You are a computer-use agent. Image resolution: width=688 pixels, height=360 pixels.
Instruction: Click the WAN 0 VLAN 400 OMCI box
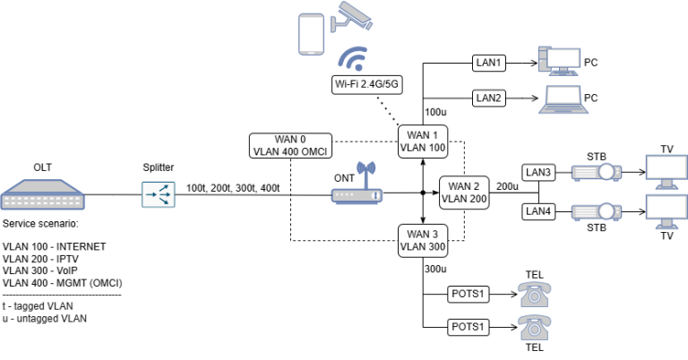[x=291, y=145]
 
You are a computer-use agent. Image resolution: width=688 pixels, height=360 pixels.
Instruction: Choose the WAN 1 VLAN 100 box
[x=422, y=141]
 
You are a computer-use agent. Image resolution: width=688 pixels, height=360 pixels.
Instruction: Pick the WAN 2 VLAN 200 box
[x=464, y=192]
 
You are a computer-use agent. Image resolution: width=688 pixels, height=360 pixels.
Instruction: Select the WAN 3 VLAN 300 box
[x=422, y=241]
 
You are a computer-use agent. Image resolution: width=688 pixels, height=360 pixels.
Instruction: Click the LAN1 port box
[x=489, y=64]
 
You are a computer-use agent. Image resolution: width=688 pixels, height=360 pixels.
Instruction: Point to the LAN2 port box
[x=489, y=97]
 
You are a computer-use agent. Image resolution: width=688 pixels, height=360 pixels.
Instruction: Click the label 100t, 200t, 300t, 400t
[x=233, y=187]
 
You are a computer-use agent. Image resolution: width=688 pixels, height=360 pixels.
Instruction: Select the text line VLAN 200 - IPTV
[x=42, y=258]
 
